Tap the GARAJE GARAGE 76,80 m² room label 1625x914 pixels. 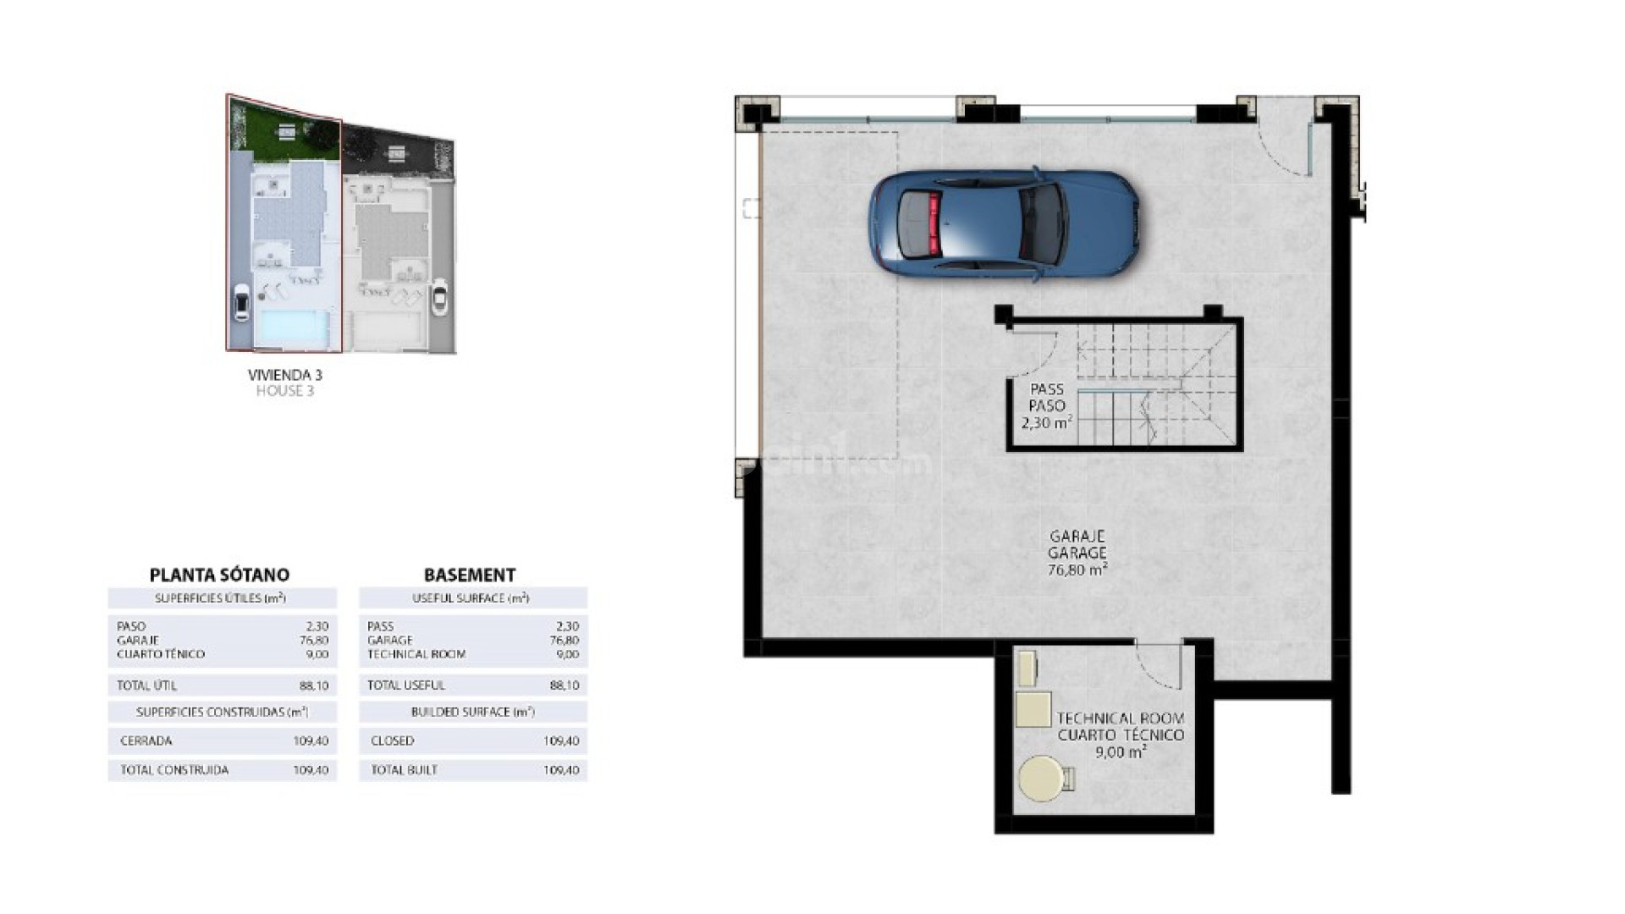(1077, 553)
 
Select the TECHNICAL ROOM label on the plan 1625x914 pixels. (1120, 719)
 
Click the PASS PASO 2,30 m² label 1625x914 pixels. (1046, 406)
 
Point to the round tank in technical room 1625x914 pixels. (1041, 779)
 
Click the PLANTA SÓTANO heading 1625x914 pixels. (219, 575)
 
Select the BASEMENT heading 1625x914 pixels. (470, 575)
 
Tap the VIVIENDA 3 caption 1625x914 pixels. (284, 374)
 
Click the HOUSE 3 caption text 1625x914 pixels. (284, 391)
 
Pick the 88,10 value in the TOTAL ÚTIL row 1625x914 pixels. (313, 685)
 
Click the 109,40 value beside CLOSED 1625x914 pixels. (561, 741)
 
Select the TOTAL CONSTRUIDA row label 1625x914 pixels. (174, 770)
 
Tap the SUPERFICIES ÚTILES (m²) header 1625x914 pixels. (220, 598)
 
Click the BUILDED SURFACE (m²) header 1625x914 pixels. (472, 712)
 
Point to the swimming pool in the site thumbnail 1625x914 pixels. (292, 328)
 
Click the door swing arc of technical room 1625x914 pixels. (1155, 669)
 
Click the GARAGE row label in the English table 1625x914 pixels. (390, 641)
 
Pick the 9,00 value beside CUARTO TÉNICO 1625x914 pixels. (317, 654)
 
